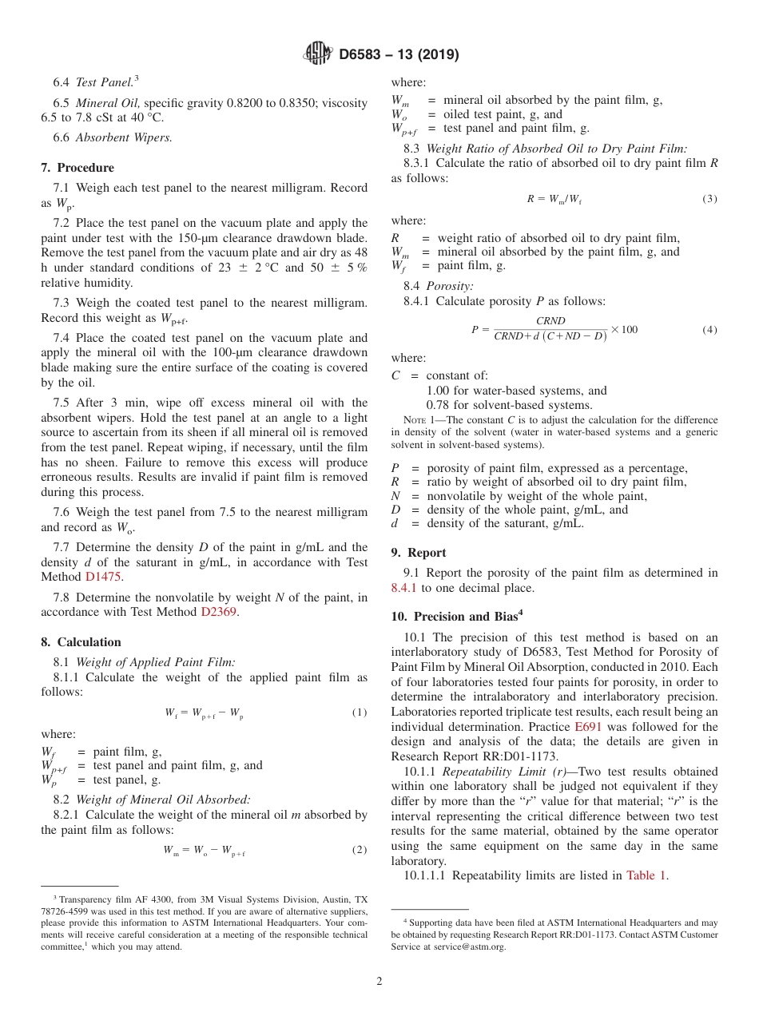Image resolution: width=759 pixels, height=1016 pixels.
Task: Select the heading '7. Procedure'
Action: point(77,168)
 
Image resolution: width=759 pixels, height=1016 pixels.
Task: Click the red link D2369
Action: point(220,613)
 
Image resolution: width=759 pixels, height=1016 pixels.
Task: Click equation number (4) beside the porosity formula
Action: point(709,330)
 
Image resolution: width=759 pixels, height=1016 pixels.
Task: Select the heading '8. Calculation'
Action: point(81,642)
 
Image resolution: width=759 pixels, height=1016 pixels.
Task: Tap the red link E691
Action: point(588,727)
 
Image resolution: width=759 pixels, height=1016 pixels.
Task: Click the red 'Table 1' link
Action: point(646,875)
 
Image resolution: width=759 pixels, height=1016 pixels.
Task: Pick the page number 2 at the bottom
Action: point(379,982)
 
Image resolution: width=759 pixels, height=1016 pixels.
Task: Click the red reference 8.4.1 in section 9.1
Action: point(404,588)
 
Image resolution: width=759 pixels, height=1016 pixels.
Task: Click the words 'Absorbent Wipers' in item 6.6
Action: point(123,137)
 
